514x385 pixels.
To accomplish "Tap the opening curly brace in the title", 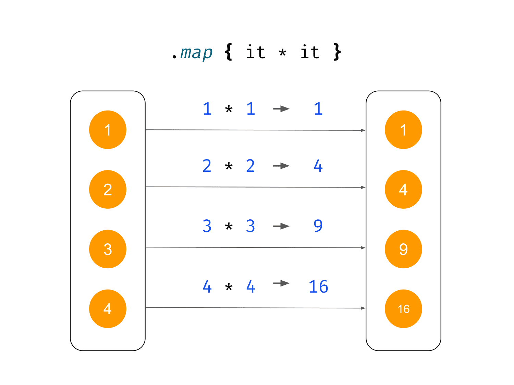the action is tap(228, 52).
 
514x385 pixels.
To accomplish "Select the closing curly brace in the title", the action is tap(337, 52).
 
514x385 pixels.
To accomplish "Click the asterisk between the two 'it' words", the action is tap(283, 53).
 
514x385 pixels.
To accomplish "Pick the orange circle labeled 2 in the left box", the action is tap(108, 189).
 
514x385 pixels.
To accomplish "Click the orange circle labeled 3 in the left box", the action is tap(108, 249).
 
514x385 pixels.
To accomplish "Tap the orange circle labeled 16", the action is tap(403, 309).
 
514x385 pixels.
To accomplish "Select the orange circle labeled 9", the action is tap(403, 249).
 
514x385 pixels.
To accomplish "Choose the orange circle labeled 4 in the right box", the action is tap(403, 189).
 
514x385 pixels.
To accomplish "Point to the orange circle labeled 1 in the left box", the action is tap(108, 130).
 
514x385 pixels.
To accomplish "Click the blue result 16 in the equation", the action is tap(318, 286).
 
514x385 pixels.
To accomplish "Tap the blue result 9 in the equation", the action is tap(318, 226).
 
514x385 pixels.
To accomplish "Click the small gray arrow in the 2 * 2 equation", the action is tap(281, 166).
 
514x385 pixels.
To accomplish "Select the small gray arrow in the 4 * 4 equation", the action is tap(281, 283).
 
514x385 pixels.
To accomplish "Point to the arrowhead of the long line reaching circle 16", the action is tap(363, 308).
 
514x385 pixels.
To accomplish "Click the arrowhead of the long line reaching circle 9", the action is tap(363, 248).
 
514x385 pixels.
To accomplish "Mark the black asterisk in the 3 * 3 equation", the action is tap(229, 227).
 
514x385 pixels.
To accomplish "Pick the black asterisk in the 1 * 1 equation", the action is tap(229, 109).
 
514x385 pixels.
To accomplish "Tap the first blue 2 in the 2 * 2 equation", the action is tap(207, 166).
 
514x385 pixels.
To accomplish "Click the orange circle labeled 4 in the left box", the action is tap(108, 309).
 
